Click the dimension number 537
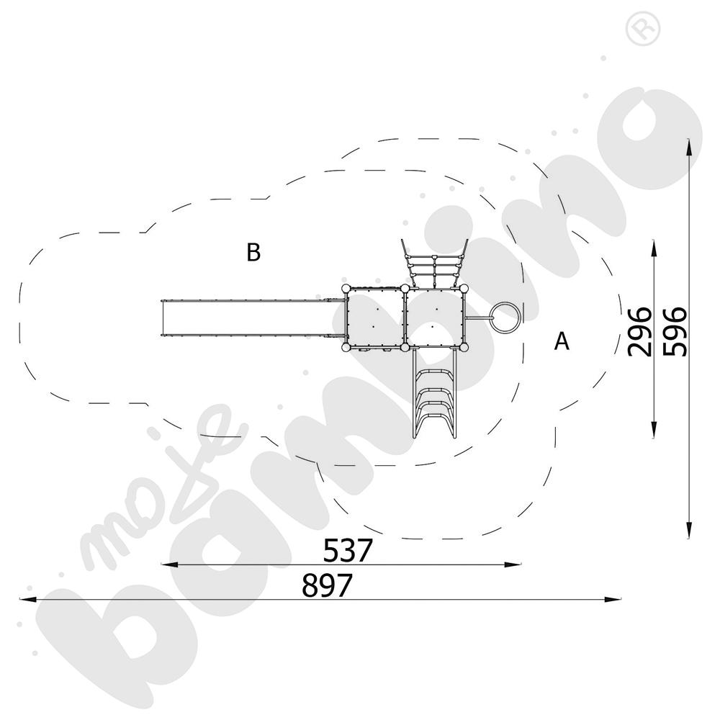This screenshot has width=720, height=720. pyautogui.click(x=348, y=551)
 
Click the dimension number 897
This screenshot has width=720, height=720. pyautogui.click(x=327, y=585)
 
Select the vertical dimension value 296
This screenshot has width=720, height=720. pyautogui.click(x=640, y=332)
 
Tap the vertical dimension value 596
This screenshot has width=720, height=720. pyautogui.click(x=675, y=332)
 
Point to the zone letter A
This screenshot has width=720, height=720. pyautogui.click(x=562, y=341)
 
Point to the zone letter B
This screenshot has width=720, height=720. pyautogui.click(x=253, y=252)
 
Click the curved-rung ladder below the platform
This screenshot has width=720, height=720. pyautogui.click(x=434, y=392)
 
